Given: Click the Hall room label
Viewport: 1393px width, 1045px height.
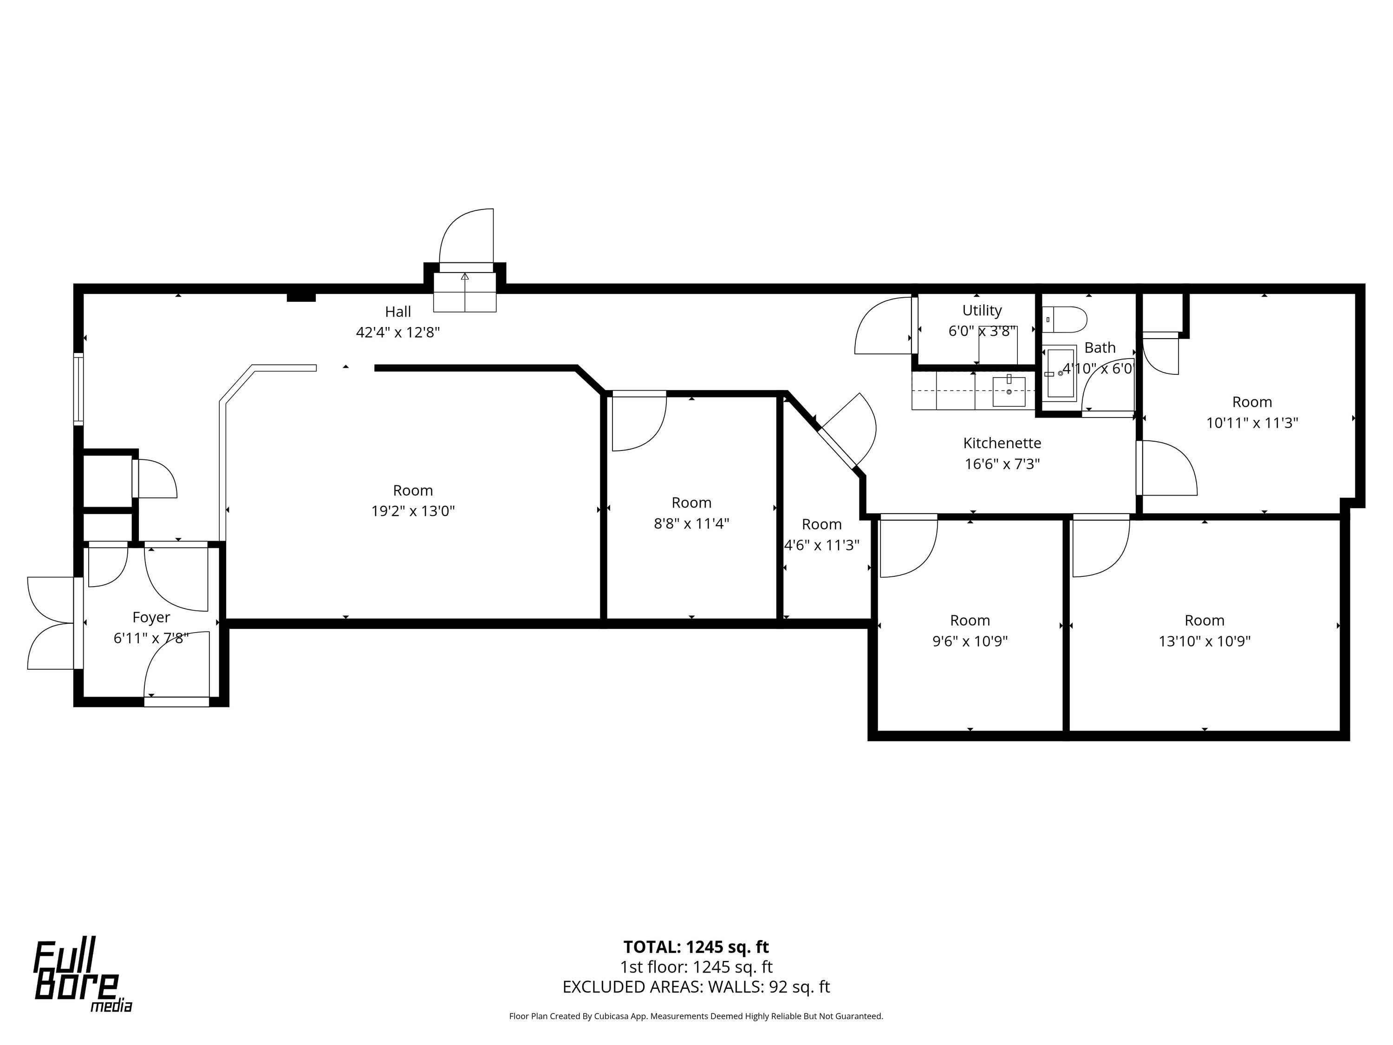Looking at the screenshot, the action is pos(398,311).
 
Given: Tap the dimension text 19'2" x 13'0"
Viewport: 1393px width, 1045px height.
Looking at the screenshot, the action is pos(413,511).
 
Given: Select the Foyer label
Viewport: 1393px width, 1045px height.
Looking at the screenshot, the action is pos(151,617).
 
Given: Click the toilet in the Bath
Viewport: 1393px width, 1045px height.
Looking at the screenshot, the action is pos(1064,320).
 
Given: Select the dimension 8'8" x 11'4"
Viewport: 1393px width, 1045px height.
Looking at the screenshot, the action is pos(691,523).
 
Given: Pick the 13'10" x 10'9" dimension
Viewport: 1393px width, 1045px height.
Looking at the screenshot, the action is pos(1204,641).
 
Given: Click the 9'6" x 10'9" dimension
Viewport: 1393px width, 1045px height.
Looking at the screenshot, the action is pos(970,641).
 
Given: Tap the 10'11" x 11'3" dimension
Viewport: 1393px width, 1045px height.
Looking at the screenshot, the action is pos(1252,423).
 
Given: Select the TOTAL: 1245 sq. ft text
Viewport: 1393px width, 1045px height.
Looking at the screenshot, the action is pos(696,947).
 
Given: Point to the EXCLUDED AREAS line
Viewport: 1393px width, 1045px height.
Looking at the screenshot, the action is pos(696,987).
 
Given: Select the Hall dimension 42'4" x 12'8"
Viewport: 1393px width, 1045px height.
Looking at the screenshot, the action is pos(398,332).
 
